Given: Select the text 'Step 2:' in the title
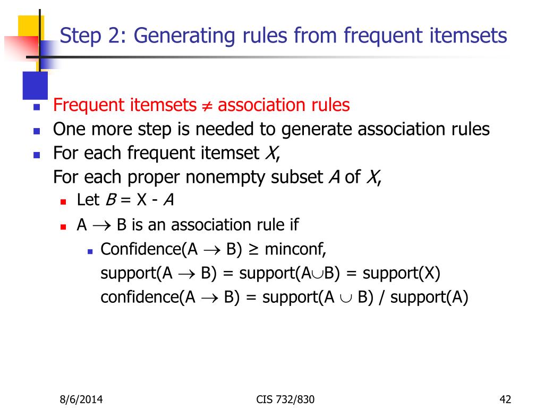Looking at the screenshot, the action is click(93, 36).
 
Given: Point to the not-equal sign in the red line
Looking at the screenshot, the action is click(207, 106).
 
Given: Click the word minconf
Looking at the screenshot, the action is click(295, 249).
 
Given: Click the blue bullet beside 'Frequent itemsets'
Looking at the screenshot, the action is click(37, 107).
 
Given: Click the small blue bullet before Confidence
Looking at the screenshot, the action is click(90, 250).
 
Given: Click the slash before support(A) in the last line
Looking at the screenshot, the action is click(382, 297).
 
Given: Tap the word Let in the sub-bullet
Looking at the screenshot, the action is click(88, 200).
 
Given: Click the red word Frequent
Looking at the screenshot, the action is click(88, 105).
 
